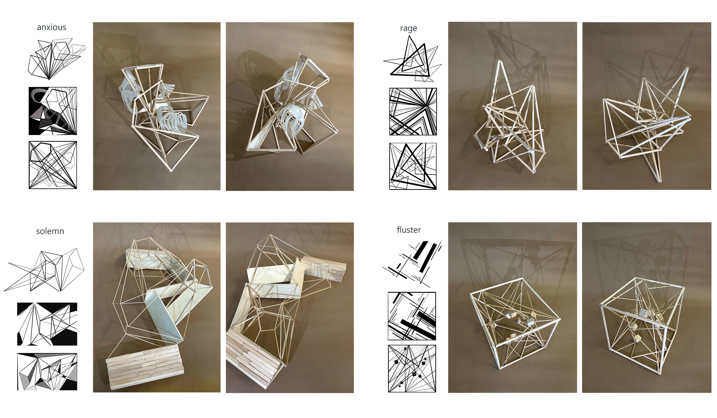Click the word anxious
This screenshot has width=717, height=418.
click(x=51, y=27)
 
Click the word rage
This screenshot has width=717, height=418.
click(x=408, y=29)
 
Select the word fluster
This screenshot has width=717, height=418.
click(x=409, y=230)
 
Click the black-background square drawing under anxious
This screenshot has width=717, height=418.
click(x=53, y=111)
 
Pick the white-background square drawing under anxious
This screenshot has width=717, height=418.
click(x=53, y=165)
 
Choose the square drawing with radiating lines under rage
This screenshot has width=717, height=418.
click(x=413, y=112)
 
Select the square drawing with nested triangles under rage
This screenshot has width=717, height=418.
click(x=413, y=166)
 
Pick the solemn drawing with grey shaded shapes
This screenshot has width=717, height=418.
click(x=47, y=372)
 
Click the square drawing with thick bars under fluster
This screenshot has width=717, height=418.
click(x=412, y=316)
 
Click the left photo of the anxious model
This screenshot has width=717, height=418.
click(x=157, y=106)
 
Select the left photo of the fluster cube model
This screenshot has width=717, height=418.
click(x=512, y=307)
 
